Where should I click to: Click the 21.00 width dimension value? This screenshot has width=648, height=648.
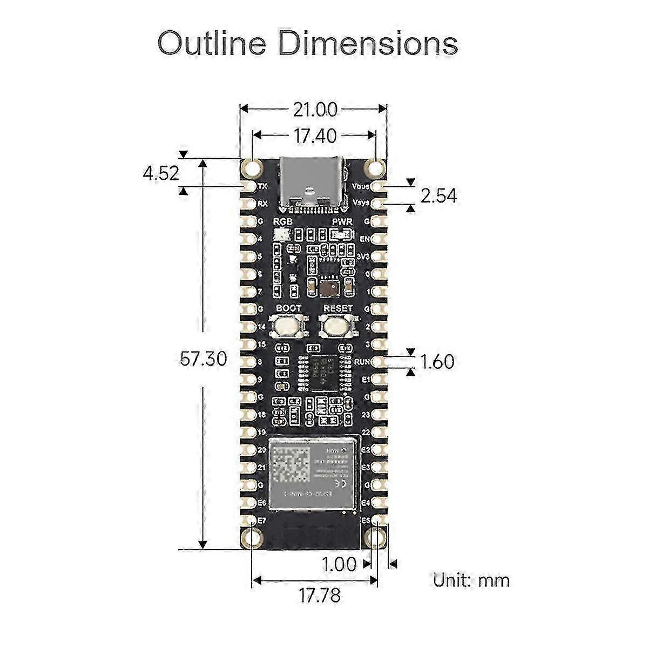(x=315, y=110)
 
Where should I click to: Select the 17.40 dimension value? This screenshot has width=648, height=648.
(x=315, y=136)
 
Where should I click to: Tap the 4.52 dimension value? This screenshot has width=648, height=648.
(x=160, y=174)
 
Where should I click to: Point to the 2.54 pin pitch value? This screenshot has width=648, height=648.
(x=438, y=195)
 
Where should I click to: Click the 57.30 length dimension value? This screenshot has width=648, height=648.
(x=203, y=359)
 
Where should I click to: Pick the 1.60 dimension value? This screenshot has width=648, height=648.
(x=437, y=361)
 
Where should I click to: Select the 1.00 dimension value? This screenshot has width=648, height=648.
(x=339, y=564)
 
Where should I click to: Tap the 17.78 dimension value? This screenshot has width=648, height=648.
(x=320, y=596)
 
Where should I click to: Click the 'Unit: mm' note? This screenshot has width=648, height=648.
(x=471, y=580)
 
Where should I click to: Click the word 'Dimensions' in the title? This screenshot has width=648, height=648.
(x=367, y=43)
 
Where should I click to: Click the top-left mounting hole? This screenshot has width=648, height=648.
(x=252, y=169)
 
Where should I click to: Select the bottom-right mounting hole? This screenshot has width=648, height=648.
(x=377, y=538)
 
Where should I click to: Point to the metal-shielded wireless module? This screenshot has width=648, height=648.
(x=313, y=473)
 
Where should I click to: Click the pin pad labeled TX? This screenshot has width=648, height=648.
(x=249, y=187)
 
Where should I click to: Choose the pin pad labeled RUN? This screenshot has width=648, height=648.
(x=377, y=362)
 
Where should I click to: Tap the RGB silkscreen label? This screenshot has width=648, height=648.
(x=282, y=222)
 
